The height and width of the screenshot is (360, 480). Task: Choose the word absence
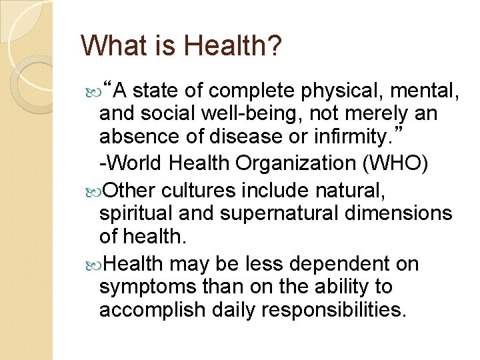pos(139,137)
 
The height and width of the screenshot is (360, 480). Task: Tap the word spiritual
pos(138,214)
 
